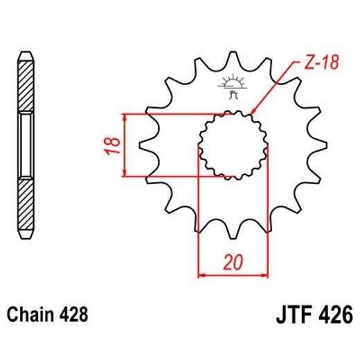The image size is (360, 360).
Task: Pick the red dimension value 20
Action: click(x=233, y=262)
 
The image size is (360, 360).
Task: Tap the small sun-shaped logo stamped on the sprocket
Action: click(x=232, y=86)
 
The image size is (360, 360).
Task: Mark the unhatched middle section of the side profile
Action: click(x=26, y=145)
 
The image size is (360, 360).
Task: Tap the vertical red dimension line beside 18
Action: click(x=125, y=145)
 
